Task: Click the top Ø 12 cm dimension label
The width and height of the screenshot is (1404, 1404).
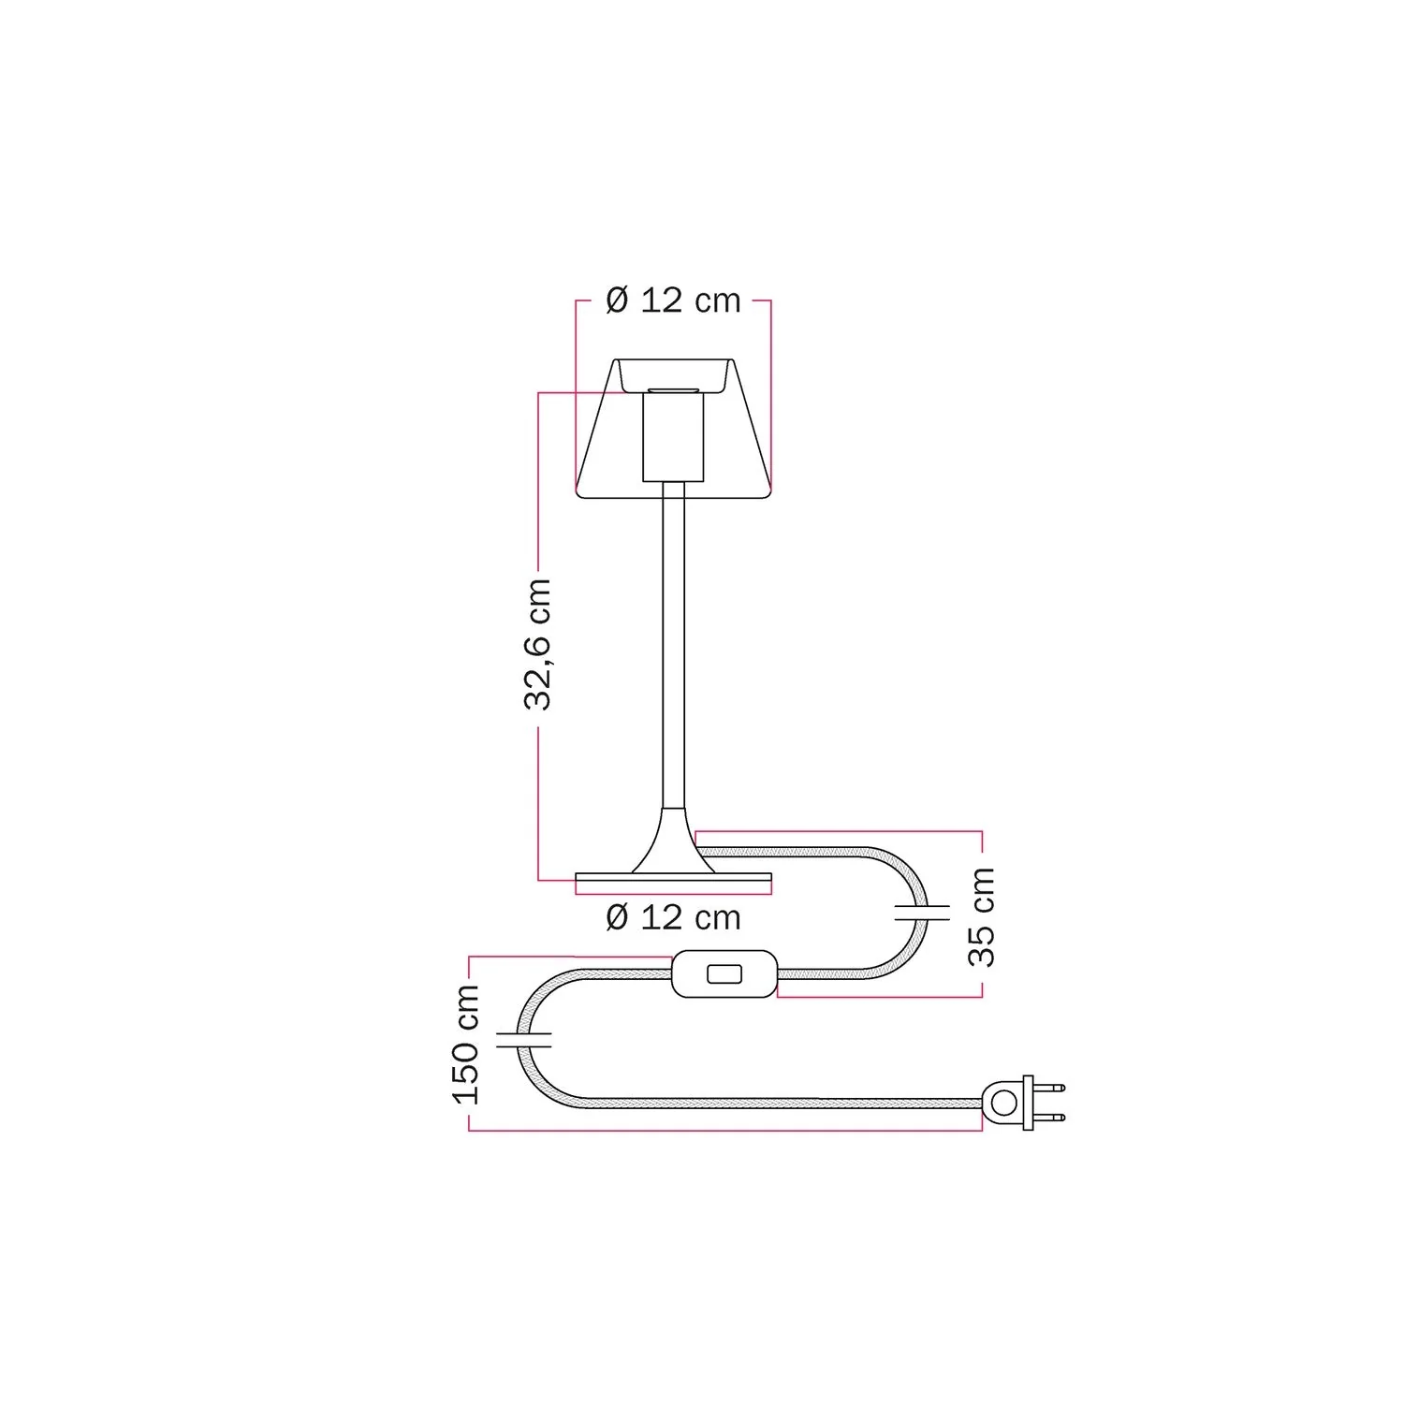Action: pos(673,300)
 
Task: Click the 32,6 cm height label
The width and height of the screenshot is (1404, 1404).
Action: pos(538,645)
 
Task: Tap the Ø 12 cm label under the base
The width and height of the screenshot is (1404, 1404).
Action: pos(673,917)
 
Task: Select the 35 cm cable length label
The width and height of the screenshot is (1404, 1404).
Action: pos(983,916)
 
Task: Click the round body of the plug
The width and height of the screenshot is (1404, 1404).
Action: pos(1002,1103)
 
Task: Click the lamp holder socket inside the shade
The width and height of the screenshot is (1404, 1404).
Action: pos(672,437)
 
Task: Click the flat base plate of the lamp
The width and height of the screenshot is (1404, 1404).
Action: pos(673,881)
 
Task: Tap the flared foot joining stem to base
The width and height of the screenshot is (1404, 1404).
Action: pos(673,842)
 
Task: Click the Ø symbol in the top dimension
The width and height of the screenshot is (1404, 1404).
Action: pos(617,300)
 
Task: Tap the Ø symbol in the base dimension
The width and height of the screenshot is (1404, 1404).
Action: pos(617,917)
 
